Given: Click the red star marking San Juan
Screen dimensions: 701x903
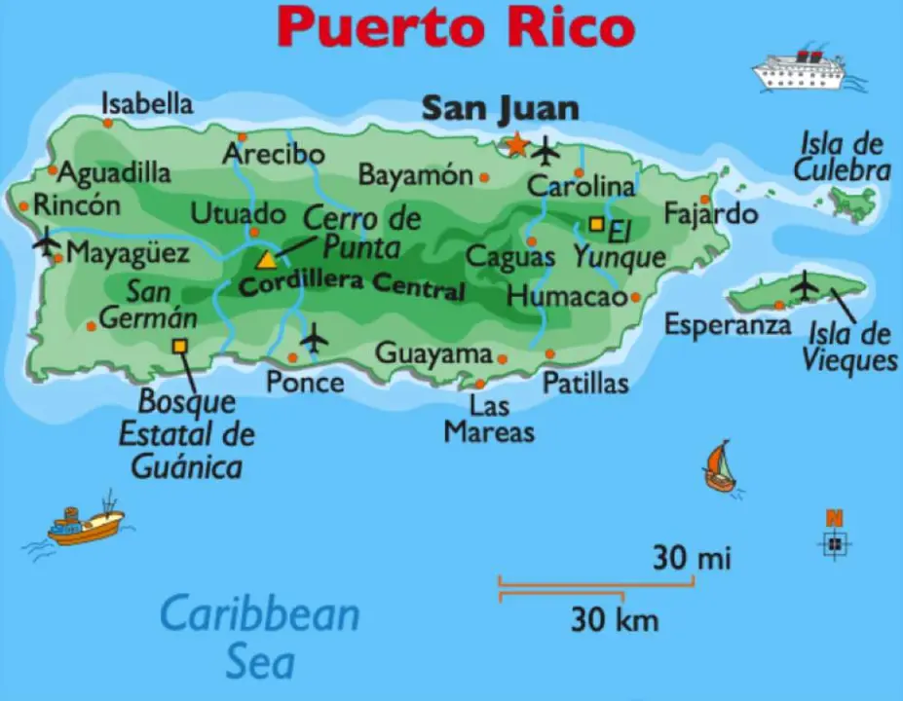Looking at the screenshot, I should click(516, 146).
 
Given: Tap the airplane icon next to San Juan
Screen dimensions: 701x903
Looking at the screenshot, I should click(546, 152).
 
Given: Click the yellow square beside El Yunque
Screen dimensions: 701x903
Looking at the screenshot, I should click(596, 223).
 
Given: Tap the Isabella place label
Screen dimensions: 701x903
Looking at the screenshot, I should click(147, 103).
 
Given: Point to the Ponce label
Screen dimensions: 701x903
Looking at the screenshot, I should click(305, 382).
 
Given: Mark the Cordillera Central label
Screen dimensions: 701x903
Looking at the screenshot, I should click(352, 286).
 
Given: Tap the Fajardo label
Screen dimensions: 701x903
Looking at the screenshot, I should click(710, 212).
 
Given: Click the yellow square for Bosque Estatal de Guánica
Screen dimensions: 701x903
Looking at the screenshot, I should click(179, 346).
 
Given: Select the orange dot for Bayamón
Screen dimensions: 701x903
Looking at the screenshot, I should click(484, 177).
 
